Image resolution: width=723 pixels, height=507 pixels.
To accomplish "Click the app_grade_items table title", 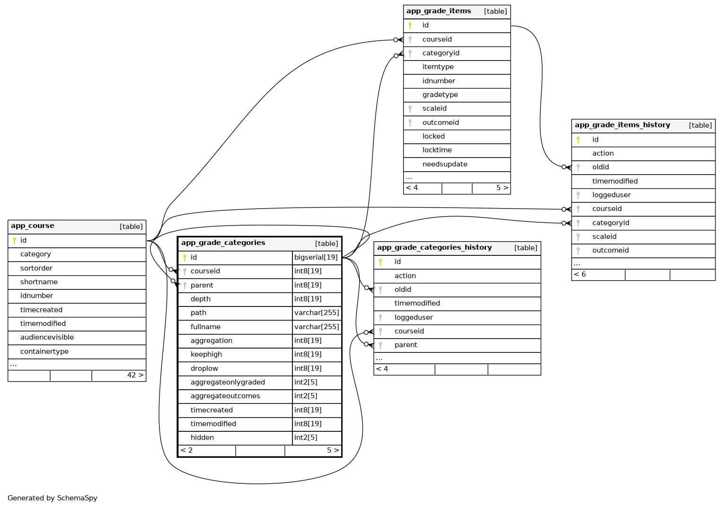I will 439,11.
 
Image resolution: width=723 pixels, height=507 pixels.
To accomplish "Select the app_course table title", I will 33,226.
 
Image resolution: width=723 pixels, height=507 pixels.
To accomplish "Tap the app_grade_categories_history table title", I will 434,248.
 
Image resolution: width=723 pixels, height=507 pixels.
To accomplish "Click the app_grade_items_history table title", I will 622,125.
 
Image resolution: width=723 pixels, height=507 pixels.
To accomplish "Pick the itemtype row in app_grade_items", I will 438,67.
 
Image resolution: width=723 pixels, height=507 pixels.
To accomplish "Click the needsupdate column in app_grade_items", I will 444,165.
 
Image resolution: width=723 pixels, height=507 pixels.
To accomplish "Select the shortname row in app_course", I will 39,282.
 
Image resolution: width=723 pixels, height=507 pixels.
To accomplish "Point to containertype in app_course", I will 44,352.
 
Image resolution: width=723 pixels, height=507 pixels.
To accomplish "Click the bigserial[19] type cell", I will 316,258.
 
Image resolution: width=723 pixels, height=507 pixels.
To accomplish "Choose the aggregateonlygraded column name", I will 228,383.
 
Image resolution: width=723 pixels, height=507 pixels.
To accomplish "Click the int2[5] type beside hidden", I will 306,438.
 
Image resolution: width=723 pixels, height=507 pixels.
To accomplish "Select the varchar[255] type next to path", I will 317,313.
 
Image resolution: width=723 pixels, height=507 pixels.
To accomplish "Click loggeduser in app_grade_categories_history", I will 413,318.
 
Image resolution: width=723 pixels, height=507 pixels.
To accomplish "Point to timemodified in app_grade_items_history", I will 615,182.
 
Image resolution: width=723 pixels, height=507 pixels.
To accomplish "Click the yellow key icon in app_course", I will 14,241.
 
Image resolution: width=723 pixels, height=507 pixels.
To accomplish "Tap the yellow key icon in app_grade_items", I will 410,26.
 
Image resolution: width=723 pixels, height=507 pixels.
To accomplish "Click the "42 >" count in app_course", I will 135,376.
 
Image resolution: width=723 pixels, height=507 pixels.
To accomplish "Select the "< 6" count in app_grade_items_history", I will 580,275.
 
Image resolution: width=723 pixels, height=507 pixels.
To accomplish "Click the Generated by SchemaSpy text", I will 52,498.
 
